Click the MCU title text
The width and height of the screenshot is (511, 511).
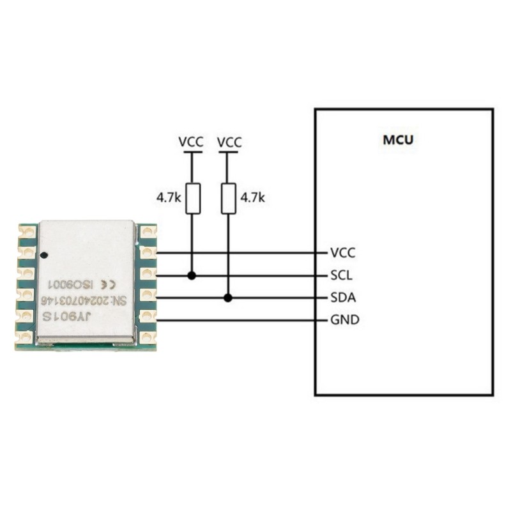397,139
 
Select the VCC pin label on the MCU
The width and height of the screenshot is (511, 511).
342,253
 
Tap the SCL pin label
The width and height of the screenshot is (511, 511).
342,276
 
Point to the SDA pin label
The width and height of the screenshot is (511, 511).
343,298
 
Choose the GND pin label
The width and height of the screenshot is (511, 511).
344,319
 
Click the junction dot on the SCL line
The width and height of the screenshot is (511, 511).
192,276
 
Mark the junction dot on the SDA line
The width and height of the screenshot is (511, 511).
228,298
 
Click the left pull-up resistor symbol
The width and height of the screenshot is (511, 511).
192,198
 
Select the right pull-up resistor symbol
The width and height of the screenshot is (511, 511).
228,198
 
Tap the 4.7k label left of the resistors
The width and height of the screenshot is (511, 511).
169,198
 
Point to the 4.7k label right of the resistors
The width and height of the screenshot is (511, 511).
252,198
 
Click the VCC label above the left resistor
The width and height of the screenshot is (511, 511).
191,142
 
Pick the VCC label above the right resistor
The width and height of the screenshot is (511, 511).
229,142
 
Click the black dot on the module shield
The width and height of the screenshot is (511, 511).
43,256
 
